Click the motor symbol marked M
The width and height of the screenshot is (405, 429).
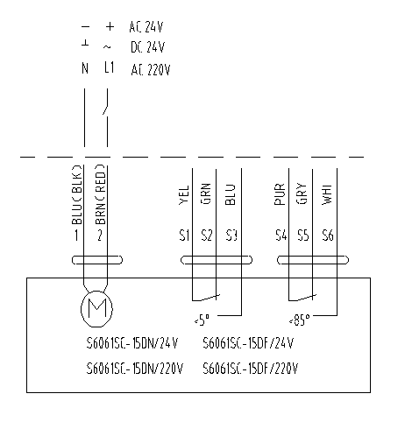click(x=96, y=309)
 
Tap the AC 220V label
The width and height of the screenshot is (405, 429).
click(x=151, y=70)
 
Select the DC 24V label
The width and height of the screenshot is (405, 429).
click(x=147, y=47)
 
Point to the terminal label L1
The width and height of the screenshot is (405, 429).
click(x=110, y=67)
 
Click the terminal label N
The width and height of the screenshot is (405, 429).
click(x=85, y=68)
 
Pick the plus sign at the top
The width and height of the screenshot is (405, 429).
click(x=110, y=26)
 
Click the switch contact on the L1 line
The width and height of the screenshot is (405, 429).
click(x=106, y=109)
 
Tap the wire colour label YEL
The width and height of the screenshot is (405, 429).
click(x=184, y=195)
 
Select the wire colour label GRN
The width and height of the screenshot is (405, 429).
click(x=206, y=193)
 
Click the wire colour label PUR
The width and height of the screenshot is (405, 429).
click(x=280, y=194)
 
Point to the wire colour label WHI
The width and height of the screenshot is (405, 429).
click(x=327, y=194)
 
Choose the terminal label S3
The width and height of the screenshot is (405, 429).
click(x=231, y=236)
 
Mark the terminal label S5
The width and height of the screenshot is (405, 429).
click(x=303, y=236)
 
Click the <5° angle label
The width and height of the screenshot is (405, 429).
click(x=202, y=320)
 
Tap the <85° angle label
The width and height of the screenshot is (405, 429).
click(x=299, y=320)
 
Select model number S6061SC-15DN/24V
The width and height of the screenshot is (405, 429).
click(x=132, y=343)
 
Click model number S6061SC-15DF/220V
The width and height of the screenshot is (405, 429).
click(x=251, y=369)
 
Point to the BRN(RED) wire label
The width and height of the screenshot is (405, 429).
click(x=101, y=194)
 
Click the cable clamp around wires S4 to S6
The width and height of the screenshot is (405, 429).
click(x=313, y=260)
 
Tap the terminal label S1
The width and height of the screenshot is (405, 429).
click(x=184, y=236)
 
